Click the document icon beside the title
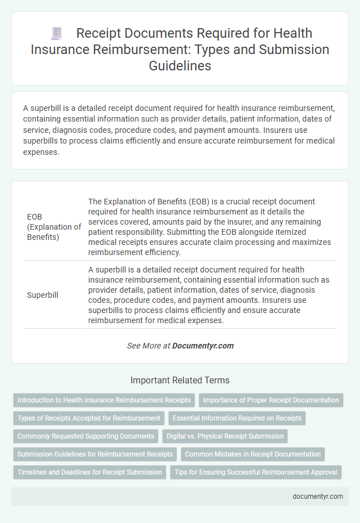(56, 34)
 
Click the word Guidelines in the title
(180, 65)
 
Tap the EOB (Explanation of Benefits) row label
(54, 227)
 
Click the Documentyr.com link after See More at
(203, 346)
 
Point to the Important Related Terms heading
(180, 380)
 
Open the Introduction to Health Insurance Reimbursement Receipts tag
(104, 400)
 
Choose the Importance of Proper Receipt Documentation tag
(271, 400)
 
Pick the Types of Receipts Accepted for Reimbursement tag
(88, 418)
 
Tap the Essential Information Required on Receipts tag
(238, 418)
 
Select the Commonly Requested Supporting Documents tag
(85, 436)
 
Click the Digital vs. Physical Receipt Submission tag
(226, 436)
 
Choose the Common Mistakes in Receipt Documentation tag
(253, 454)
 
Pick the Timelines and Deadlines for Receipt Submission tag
(89, 472)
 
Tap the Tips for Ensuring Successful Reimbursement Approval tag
(255, 472)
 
